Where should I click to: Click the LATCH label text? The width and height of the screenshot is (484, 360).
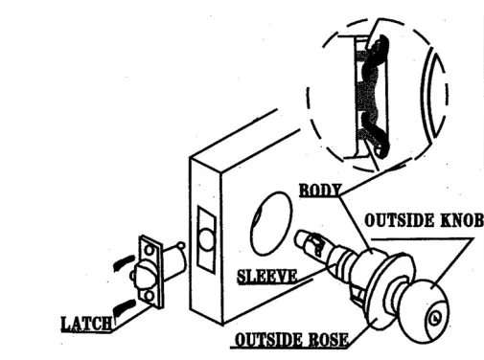tap(85, 324)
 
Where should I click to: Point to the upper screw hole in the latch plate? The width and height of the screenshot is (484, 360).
tap(149, 251)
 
